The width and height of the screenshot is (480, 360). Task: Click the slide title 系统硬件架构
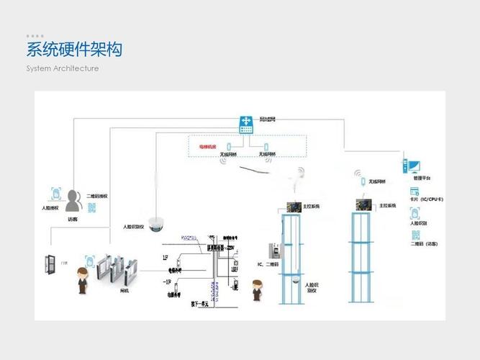[x=74, y=50]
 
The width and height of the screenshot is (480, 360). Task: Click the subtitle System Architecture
[x=63, y=68]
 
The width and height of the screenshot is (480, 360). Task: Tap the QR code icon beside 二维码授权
[x=91, y=207]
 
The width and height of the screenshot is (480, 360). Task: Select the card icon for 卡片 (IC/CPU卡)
[x=415, y=191]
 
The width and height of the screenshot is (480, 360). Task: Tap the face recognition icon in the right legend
[x=415, y=213]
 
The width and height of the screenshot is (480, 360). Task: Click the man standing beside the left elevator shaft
[x=255, y=292]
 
